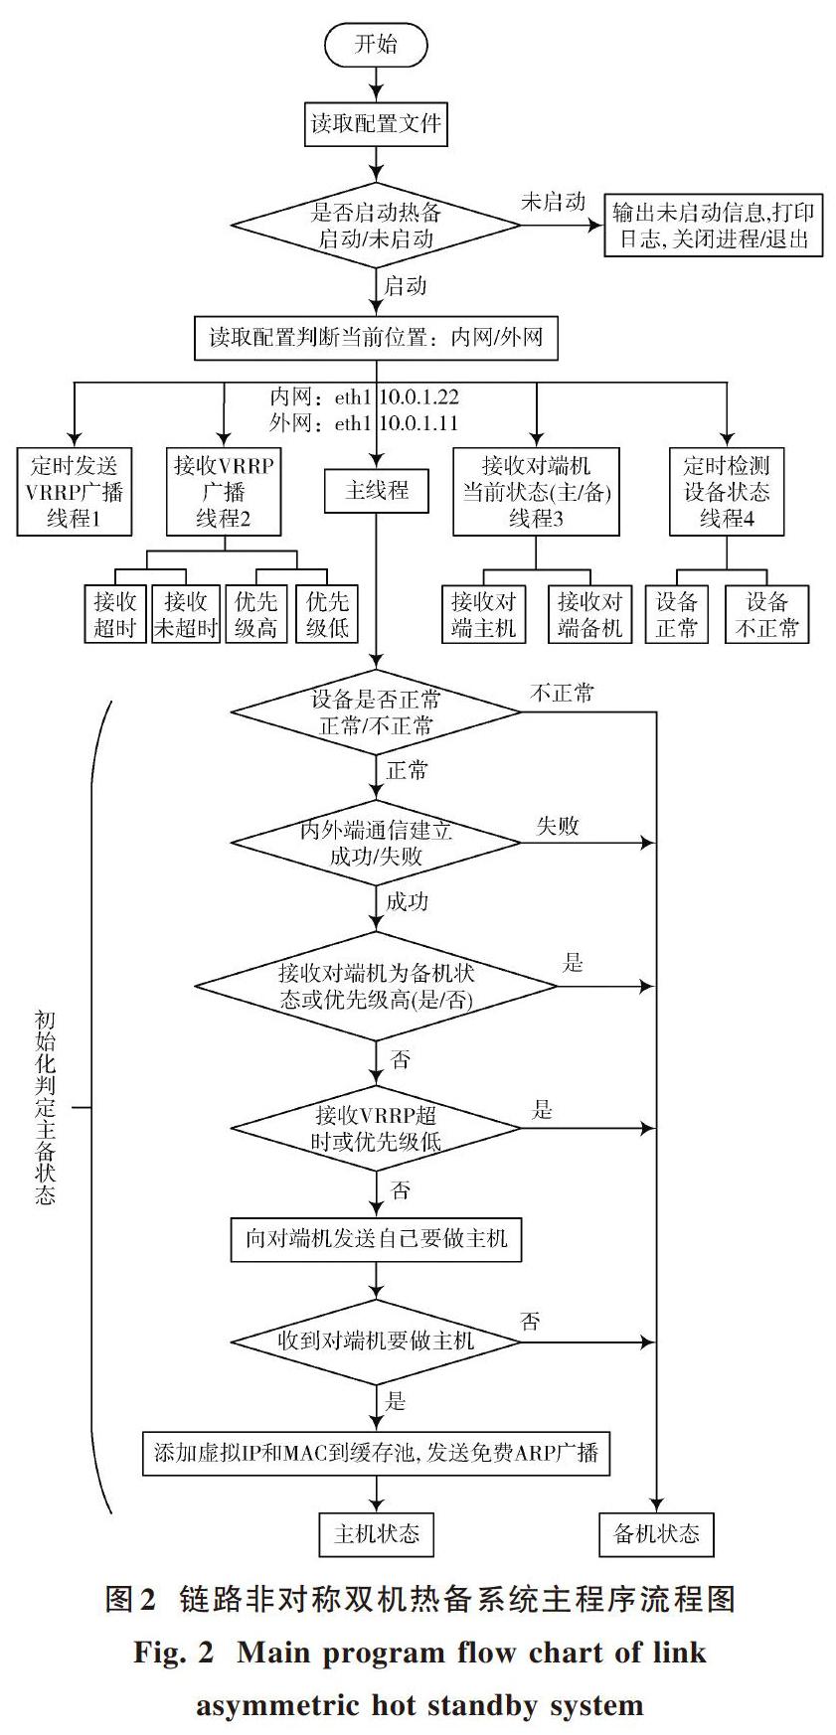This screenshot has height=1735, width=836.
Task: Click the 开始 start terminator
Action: [376, 45]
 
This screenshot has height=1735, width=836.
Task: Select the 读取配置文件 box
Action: [376, 124]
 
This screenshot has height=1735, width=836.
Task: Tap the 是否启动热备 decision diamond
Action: [376, 226]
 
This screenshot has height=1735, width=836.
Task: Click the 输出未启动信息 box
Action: [714, 226]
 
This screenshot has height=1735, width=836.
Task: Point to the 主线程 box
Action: [377, 491]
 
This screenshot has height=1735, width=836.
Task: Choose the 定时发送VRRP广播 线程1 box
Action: [75, 492]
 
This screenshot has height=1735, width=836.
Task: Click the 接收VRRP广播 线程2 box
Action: [224, 492]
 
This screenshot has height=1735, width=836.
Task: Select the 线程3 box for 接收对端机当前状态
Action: [536, 492]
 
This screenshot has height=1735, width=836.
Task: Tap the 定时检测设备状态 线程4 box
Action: [727, 492]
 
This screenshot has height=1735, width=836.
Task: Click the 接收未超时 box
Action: [185, 614]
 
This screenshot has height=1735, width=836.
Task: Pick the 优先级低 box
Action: [327, 614]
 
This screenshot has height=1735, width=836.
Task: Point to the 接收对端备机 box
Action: [590, 614]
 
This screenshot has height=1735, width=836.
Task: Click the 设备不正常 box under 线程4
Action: [767, 614]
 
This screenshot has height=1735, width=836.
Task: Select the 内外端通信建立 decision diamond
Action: [376, 843]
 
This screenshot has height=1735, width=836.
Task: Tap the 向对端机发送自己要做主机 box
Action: [376, 1238]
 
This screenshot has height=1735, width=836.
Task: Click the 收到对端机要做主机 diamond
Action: [376, 1341]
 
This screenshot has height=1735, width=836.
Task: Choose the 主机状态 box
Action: [377, 1533]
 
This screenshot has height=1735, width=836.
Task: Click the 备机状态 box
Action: [657, 1533]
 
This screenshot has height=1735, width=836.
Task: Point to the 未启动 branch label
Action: [554, 202]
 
